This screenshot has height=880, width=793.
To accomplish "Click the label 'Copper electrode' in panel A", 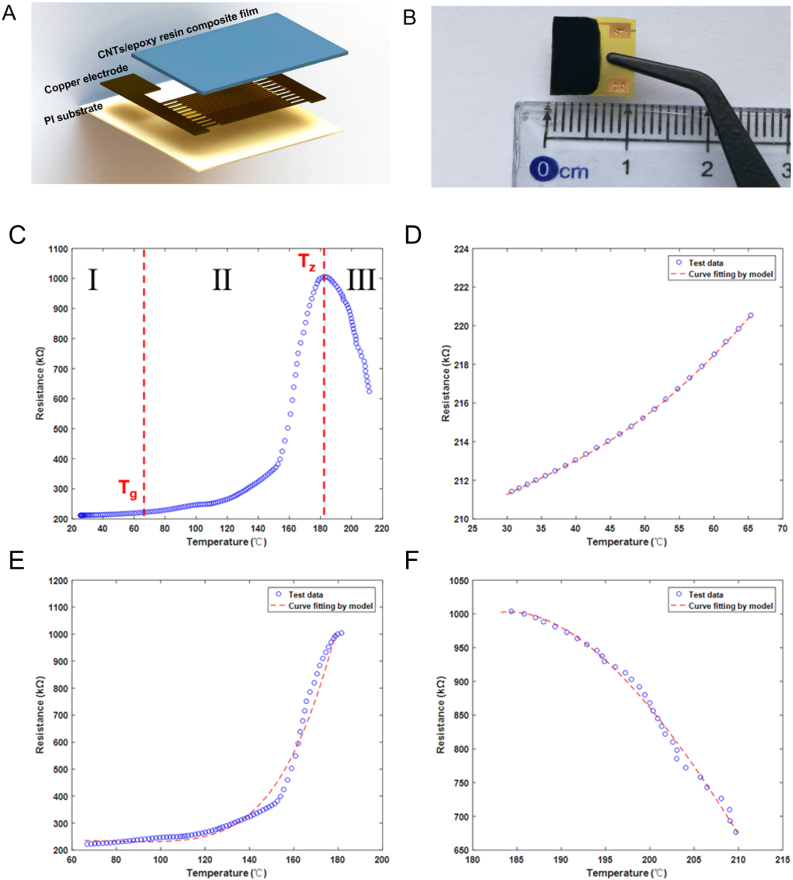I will tap(86, 79).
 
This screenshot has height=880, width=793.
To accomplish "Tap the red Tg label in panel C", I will tap(128, 488).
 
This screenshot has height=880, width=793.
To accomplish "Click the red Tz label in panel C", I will tap(306, 262).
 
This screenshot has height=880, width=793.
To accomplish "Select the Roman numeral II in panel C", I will tap(222, 280).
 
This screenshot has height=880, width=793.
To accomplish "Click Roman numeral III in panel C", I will tap(361, 280).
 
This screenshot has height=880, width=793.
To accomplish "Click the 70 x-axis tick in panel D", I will tap(783, 528).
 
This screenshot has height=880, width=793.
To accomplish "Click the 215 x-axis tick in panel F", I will tap(783, 860).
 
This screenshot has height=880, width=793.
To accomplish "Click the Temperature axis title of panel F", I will tap(627, 873).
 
